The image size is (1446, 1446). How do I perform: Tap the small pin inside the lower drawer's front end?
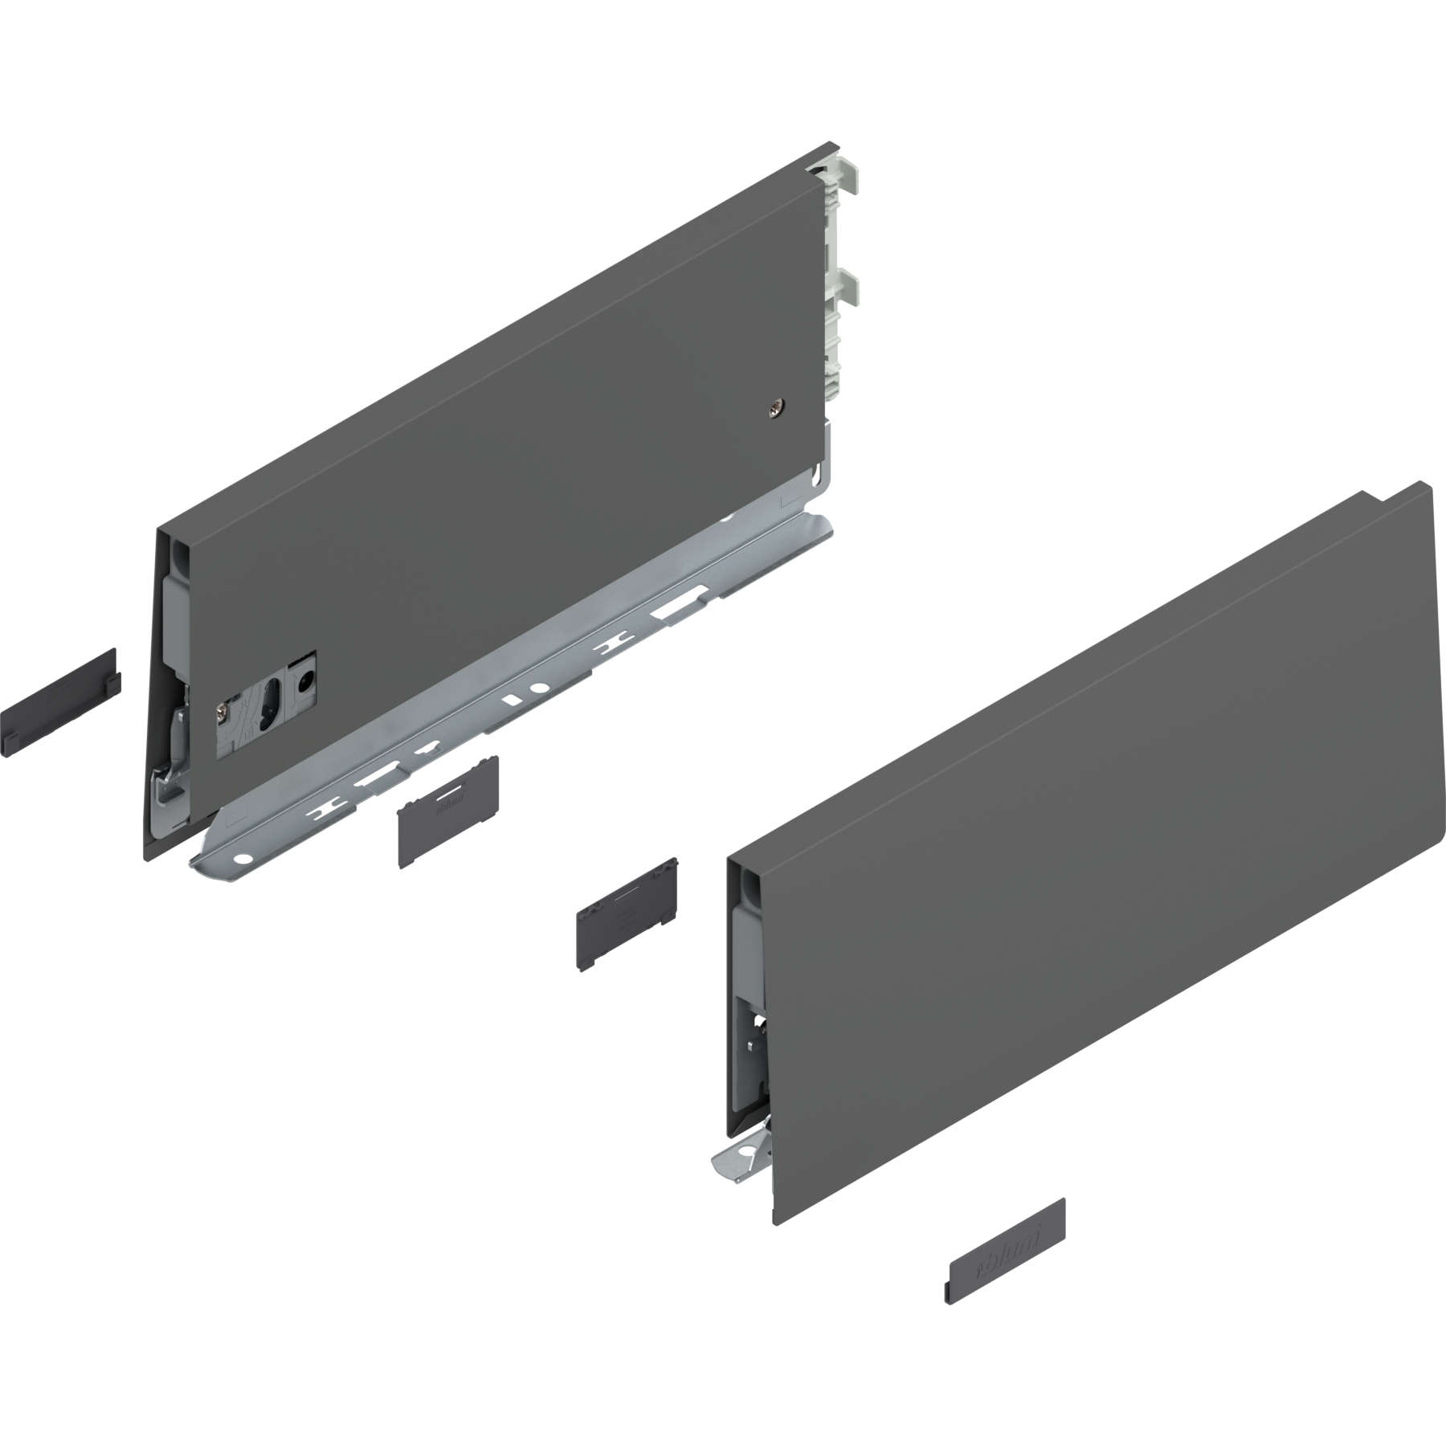pos(752,1044)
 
